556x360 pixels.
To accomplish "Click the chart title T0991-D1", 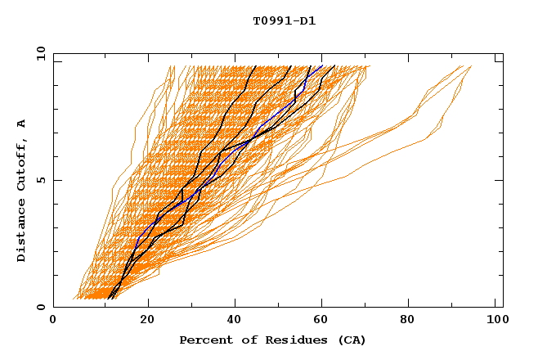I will (x=284, y=21).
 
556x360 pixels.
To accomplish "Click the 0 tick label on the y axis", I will (x=40, y=307).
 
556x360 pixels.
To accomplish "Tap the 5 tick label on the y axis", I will (x=40, y=180).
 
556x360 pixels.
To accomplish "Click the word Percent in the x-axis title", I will (x=202, y=340).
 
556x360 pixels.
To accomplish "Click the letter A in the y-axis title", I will (x=21, y=124).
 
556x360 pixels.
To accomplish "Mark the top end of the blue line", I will (x=322, y=66).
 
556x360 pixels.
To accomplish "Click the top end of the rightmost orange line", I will (x=471, y=66).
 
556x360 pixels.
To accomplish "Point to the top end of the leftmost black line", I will (x=256, y=66).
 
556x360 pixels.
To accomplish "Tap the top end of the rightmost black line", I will (x=334, y=66).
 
